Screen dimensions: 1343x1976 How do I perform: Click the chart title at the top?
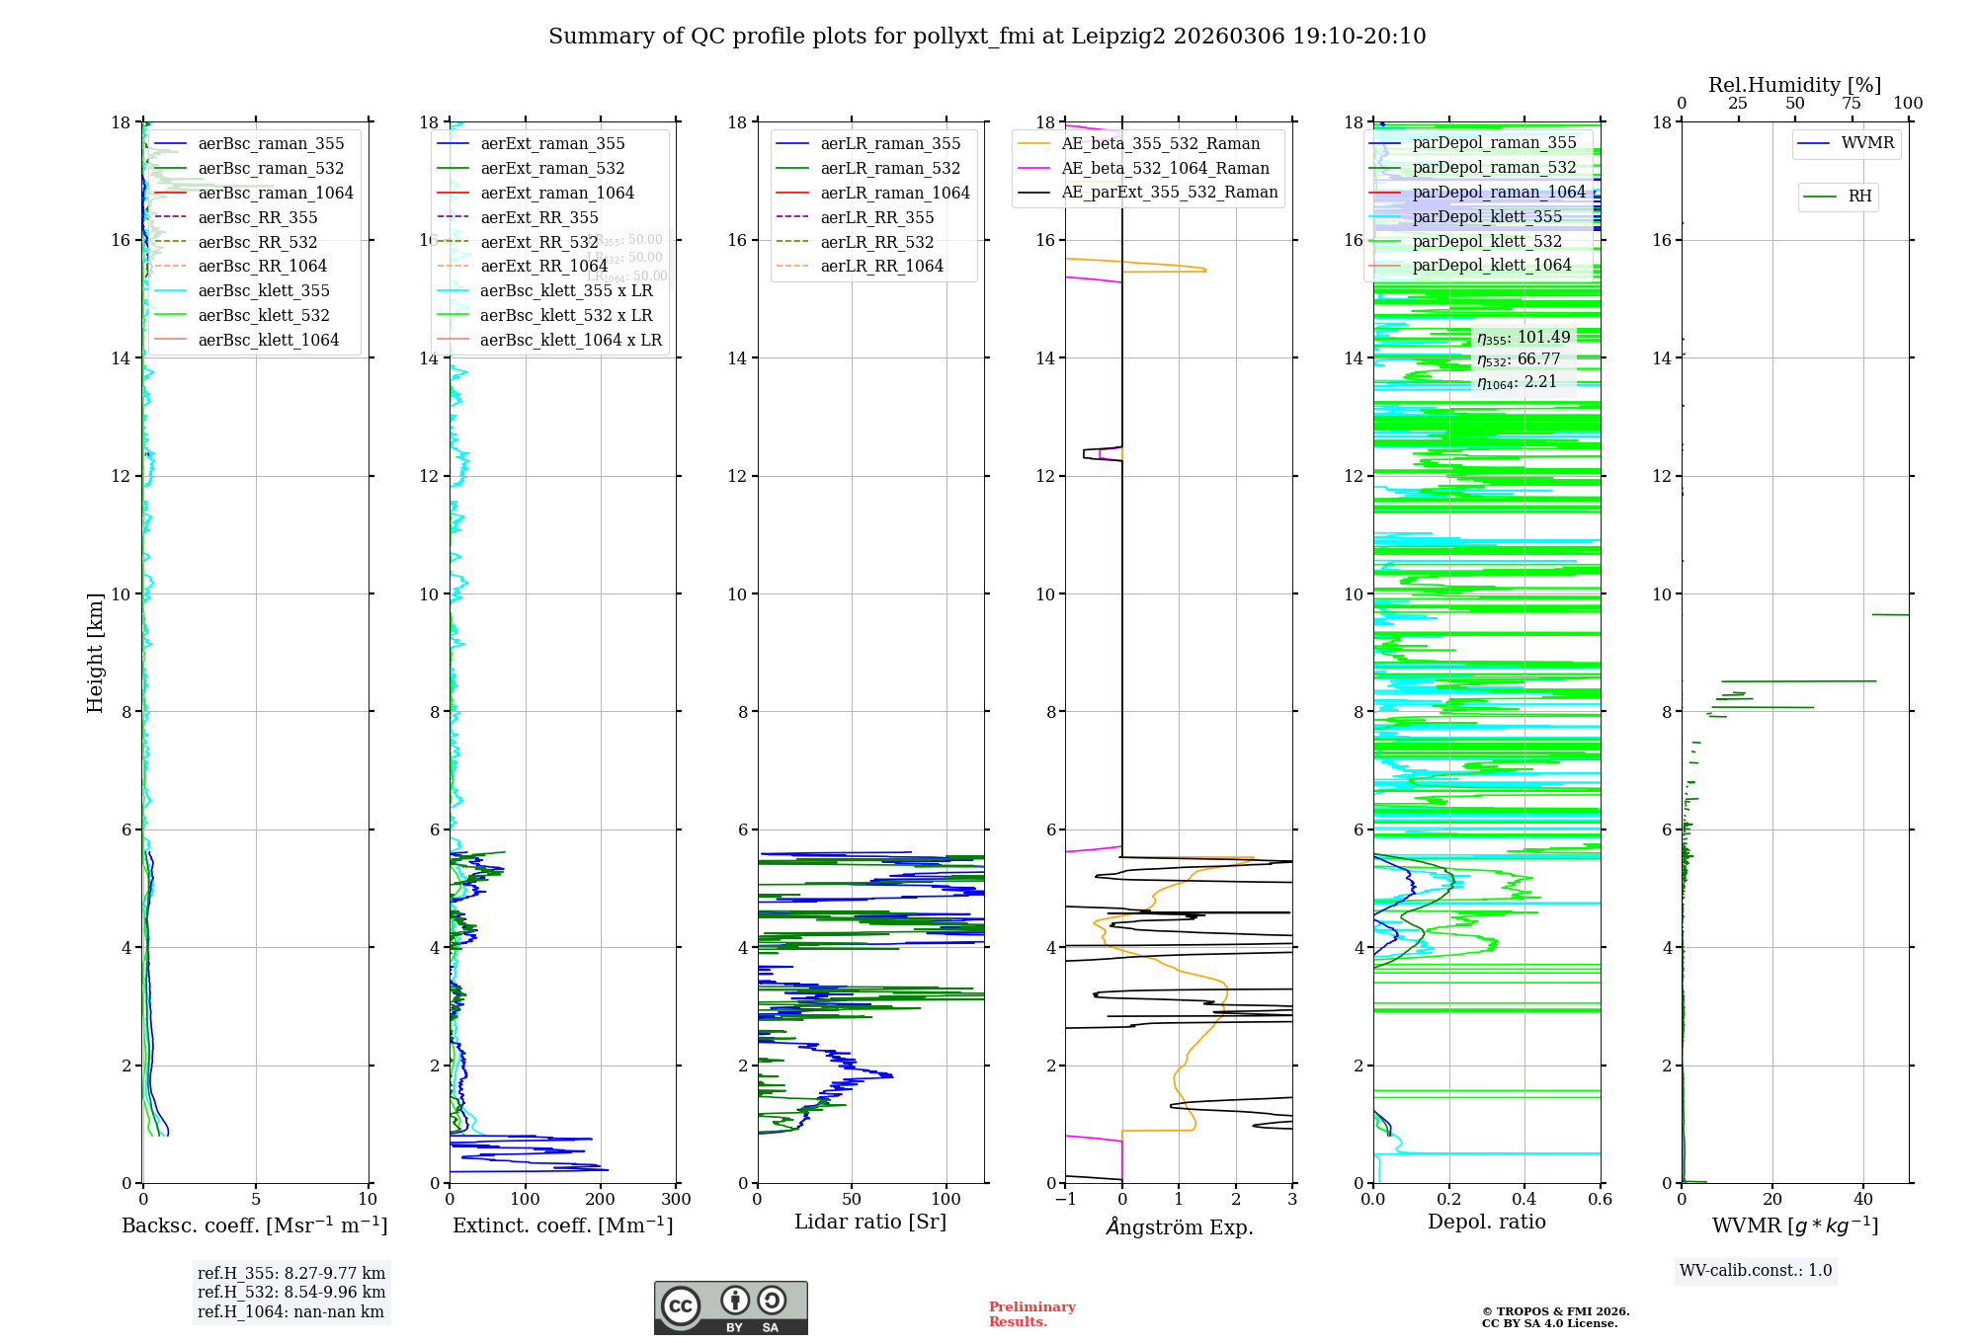pos(987,37)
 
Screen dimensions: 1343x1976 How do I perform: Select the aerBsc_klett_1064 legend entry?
pos(268,340)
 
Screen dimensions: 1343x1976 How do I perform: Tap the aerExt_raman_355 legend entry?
pos(552,144)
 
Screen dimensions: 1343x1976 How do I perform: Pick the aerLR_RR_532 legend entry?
pos(876,242)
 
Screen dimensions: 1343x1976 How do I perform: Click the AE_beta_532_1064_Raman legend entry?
pos(1165,169)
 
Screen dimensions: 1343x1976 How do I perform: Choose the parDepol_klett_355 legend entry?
pos(1487,217)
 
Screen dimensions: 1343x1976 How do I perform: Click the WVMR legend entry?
pos(1867,143)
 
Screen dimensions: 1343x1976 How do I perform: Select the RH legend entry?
pos(1859,197)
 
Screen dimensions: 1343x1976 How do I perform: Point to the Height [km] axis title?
pos(95,653)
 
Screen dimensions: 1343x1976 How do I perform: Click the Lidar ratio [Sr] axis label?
pos(870,1223)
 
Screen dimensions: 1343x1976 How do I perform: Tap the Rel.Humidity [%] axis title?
pos(1794,85)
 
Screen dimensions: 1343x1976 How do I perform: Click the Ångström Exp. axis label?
pos(1179,1226)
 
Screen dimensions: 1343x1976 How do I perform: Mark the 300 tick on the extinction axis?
pos(676,1200)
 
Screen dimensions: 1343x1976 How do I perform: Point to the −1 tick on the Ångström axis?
pos(1065,1200)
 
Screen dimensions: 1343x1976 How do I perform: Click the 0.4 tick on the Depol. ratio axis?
pos(1524,1200)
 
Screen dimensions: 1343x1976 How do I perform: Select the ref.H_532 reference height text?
pos(291,1293)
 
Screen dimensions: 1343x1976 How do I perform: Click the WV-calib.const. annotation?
pos(1756,1271)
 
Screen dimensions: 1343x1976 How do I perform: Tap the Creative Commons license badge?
pos(730,1308)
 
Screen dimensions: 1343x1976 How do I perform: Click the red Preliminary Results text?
pos(1031,1314)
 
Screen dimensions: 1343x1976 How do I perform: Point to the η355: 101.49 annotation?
pos(1523,338)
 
